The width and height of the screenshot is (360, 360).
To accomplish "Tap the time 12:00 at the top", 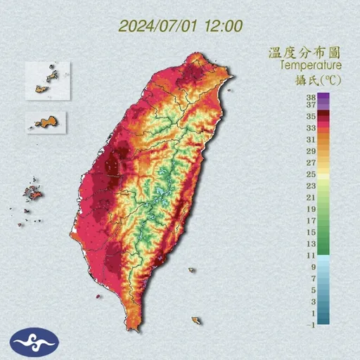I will point(224,26).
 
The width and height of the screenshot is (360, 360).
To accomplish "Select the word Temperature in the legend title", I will point(311,65).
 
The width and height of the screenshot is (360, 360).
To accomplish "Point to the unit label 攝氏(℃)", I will point(318,79).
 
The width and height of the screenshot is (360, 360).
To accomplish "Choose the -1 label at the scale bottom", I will point(310,323).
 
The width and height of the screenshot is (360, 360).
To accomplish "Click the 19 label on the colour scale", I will point(310,209).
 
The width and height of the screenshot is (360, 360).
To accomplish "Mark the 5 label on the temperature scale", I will point(311,289).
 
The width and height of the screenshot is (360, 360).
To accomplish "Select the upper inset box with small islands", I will point(48,78).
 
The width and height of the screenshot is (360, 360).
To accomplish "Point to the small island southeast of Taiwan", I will point(197,321).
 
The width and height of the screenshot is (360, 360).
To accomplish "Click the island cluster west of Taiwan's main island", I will point(32,194).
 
